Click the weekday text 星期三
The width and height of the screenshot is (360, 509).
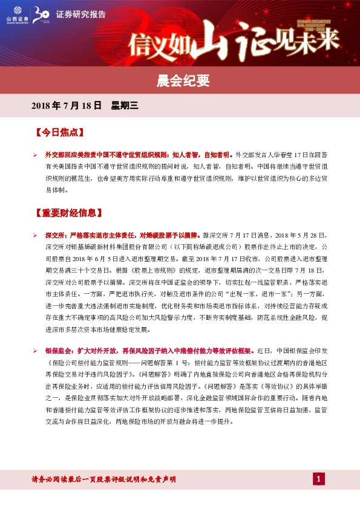[x=125, y=106]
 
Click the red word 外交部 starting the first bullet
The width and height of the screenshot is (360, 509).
[x=56, y=155]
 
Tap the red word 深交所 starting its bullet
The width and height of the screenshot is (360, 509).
[x=56, y=234]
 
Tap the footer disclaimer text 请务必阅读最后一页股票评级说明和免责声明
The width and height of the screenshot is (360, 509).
[x=103, y=479]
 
